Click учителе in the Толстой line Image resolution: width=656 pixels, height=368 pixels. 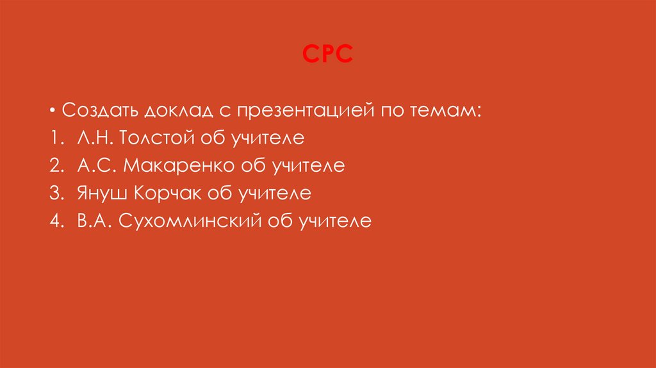click(x=268, y=138)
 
